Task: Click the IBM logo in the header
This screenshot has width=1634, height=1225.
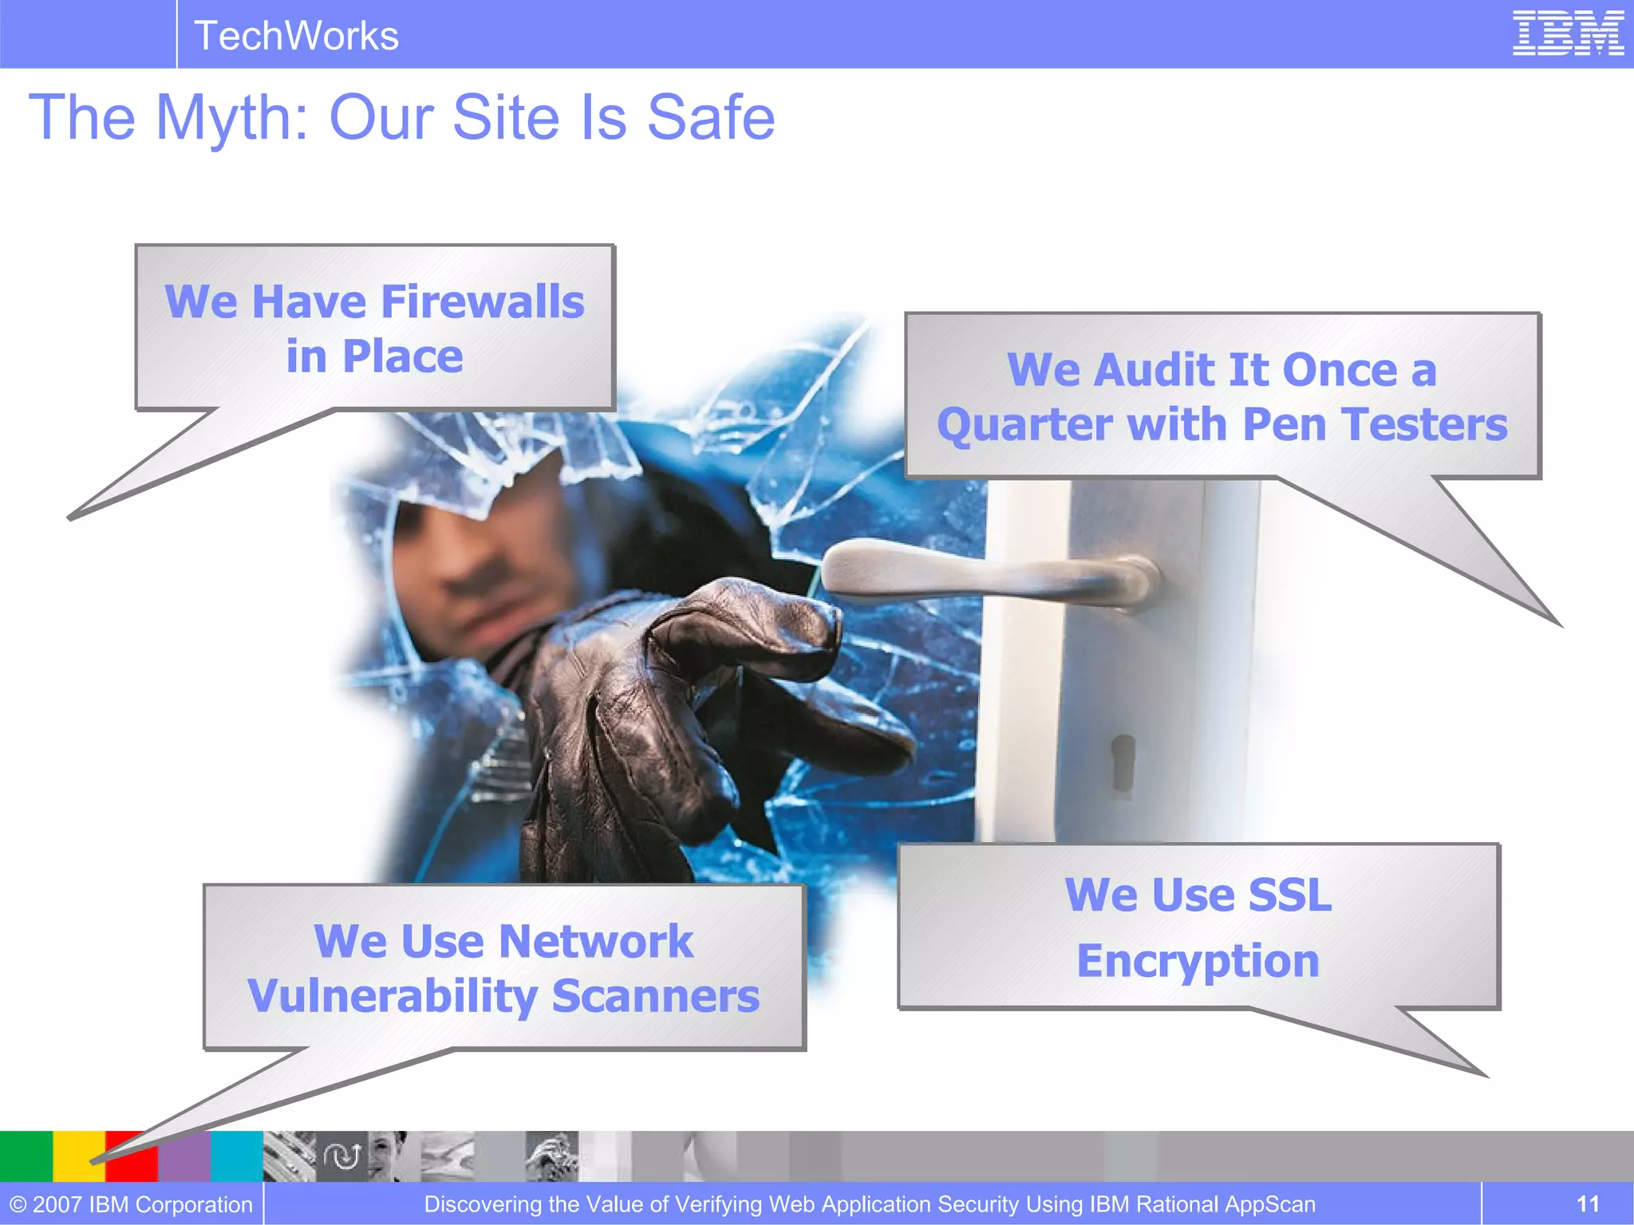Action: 1568,33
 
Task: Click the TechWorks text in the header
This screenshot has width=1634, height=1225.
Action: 296,36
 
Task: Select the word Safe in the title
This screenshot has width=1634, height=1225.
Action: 710,118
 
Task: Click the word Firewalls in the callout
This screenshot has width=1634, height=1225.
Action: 482,302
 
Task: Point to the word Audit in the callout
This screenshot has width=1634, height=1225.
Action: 1152,370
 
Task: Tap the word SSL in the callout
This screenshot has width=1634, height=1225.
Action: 1289,895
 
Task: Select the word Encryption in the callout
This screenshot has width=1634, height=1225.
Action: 1198,960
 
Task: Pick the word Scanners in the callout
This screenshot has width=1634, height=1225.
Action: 655,996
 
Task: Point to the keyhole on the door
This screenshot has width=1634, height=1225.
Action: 1123,762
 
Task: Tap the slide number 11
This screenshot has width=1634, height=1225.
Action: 1588,1203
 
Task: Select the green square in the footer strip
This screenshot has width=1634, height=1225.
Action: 26,1156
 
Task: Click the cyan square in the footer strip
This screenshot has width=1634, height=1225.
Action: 237,1156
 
